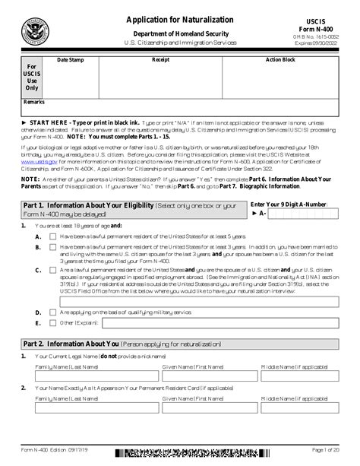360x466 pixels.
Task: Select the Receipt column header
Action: pos(161,59)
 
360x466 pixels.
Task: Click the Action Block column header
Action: pos(279,59)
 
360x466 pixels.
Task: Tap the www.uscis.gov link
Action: pos(36,162)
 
